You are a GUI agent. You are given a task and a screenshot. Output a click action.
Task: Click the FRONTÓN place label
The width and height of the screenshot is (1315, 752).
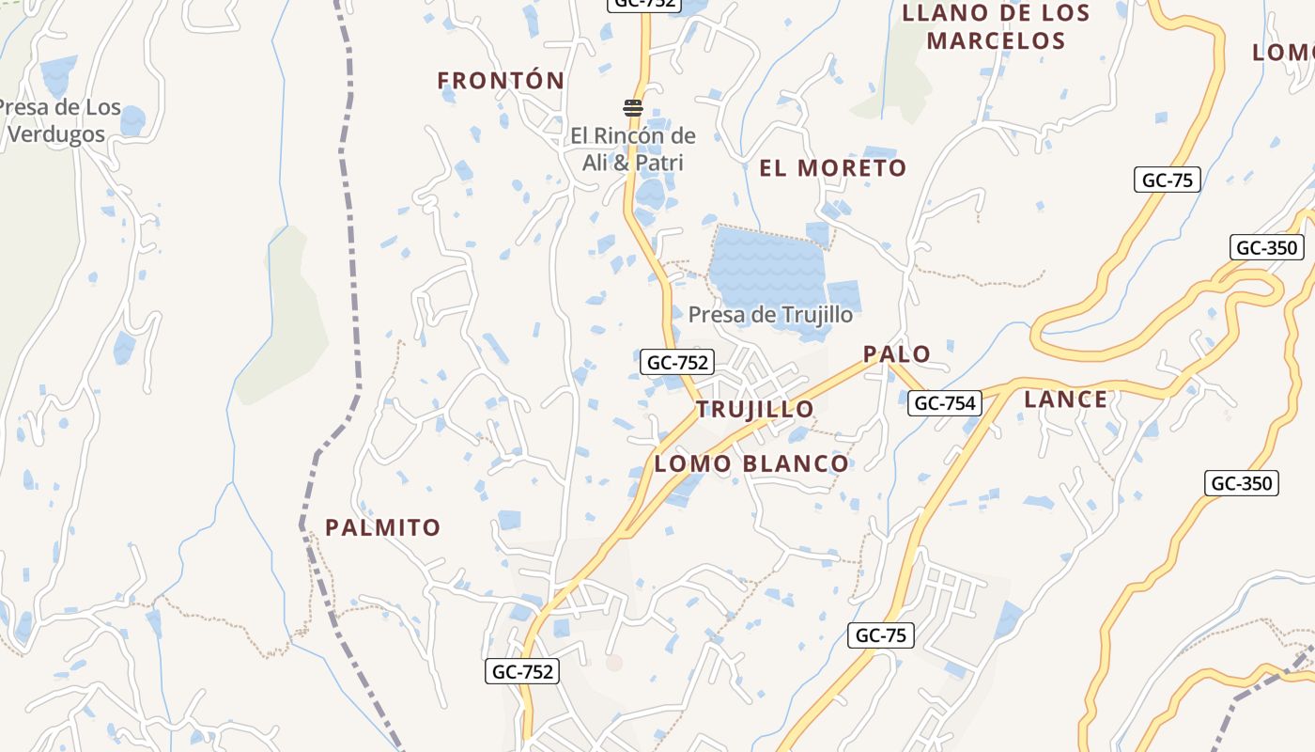coord(501,81)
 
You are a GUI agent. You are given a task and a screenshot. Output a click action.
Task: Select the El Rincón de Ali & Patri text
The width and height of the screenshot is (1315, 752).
coord(633,149)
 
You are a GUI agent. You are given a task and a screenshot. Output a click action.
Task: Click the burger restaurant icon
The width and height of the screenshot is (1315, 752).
coord(633,107)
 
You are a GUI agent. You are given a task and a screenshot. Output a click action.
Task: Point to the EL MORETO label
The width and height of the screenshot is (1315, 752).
coord(833,168)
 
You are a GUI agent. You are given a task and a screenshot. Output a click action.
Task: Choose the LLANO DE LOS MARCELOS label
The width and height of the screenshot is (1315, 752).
coord(996,26)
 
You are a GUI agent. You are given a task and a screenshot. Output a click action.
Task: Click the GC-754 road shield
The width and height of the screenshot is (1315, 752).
coord(945,403)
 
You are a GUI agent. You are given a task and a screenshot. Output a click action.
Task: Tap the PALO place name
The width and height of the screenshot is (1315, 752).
coord(897,354)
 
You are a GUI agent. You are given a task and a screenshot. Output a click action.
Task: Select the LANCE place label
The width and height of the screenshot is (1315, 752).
coord(1066,399)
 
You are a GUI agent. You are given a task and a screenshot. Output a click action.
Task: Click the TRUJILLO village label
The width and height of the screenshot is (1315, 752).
coord(755,409)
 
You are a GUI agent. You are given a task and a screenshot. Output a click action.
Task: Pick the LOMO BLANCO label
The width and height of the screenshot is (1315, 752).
coord(751,463)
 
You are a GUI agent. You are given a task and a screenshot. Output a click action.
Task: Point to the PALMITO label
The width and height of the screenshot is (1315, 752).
coord(383,527)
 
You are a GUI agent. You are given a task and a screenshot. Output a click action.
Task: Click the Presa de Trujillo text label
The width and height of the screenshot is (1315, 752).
coord(770,314)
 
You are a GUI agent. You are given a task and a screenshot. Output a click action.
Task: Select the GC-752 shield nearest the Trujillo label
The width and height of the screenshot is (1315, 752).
coord(677,362)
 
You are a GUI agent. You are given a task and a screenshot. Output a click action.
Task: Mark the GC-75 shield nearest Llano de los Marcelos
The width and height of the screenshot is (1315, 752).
coord(1168,180)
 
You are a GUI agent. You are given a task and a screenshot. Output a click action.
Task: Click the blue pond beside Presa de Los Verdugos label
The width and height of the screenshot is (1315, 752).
coord(132,120)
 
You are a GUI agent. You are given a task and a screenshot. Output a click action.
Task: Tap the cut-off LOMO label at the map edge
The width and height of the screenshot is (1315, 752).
coord(1284,53)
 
